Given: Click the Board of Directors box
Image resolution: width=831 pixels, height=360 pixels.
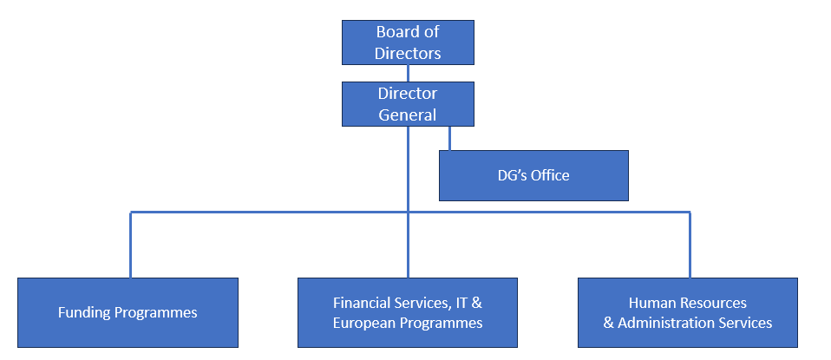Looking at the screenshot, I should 408,43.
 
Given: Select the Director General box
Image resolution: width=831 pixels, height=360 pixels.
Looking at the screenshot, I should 408,103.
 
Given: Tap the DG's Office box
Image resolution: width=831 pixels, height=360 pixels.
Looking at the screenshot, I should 533,175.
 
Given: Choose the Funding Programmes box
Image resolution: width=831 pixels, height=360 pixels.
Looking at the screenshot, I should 128,312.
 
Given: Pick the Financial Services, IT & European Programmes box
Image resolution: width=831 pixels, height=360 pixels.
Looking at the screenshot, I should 408,312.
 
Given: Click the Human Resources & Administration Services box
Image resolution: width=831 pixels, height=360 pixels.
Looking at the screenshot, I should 687,312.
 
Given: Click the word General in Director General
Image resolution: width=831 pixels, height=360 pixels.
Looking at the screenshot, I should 408,114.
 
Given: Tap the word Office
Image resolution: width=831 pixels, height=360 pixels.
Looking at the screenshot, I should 551,175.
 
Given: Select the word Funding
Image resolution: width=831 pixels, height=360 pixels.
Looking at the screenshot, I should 84,312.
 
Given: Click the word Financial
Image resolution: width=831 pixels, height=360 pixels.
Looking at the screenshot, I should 364,303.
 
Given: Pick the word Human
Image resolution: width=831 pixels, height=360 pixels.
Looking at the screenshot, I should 651,303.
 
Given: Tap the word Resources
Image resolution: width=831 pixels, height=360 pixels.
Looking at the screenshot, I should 710,303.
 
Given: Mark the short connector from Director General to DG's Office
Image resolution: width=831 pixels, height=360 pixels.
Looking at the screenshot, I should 449,138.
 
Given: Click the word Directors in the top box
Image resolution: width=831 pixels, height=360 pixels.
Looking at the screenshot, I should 408,53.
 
